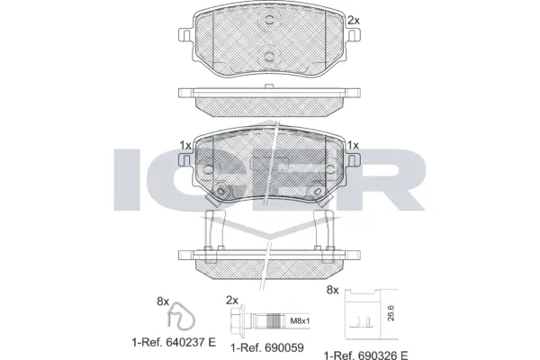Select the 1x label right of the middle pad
click(353, 145)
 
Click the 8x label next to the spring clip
click(163, 301)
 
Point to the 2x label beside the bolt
click(230, 301)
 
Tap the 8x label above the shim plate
click(332, 290)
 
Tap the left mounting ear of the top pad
click(185, 37)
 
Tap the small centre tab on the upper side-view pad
click(270, 86)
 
